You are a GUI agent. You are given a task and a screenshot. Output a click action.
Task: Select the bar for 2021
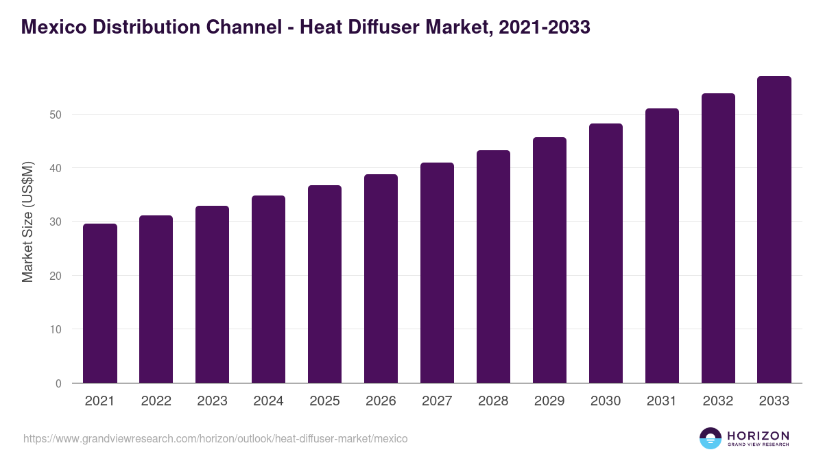click(x=100, y=303)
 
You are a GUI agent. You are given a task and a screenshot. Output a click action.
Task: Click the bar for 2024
click(x=268, y=289)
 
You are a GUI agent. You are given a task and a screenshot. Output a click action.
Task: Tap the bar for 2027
click(x=437, y=272)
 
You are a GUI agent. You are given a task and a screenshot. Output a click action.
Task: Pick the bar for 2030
click(x=606, y=253)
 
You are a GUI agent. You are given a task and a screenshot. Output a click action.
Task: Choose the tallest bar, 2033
click(x=774, y=229)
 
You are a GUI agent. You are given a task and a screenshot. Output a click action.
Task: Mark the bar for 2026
click(x=381, y=278)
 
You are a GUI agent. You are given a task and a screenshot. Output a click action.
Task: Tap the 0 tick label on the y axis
click(x=58, y=383)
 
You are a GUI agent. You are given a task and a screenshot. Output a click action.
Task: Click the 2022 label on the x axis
click(x=156, y=401)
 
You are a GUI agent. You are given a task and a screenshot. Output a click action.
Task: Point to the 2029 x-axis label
click(x=549, y=401)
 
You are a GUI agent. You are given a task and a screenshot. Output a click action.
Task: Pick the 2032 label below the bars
click(x=718, y=401)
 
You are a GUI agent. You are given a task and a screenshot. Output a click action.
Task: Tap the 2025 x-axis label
click(x=324, y=401)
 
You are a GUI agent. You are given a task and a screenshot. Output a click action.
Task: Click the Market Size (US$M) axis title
click(x=27, y=222)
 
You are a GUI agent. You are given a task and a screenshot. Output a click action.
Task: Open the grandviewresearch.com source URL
click(x=215, y=438)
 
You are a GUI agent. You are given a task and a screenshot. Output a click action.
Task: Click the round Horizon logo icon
click(x=711, y=438)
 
